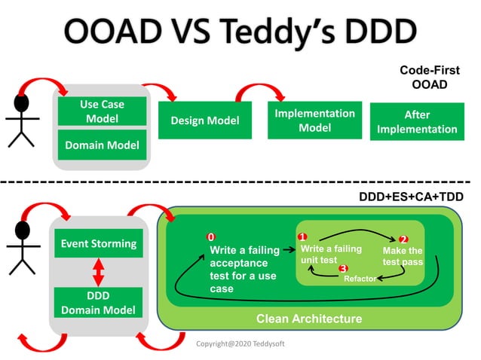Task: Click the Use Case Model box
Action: [102, 111]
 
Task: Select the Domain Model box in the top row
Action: [102, 145]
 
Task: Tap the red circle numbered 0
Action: [211, 238]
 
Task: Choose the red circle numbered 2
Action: [403, 239]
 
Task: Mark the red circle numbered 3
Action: [343, 268]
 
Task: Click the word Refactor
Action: [360, 279]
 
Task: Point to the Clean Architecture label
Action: [309, 319]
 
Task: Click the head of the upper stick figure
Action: [22, 104]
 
